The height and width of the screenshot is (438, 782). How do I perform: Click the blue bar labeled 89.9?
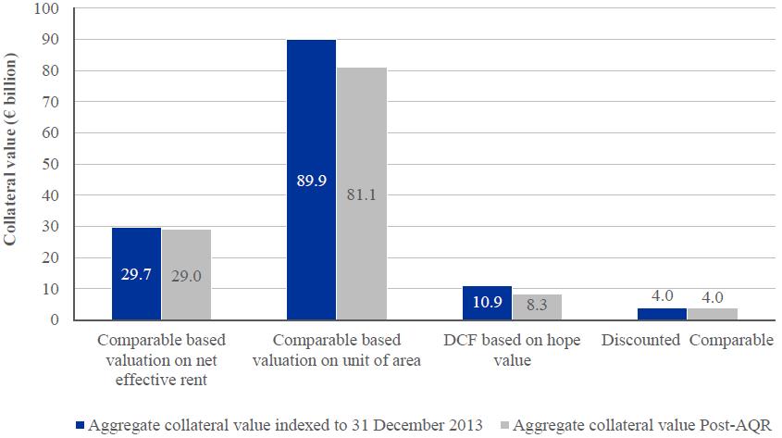311,180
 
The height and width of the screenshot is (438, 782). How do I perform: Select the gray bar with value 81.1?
361,194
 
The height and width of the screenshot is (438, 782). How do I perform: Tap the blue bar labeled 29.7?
136,273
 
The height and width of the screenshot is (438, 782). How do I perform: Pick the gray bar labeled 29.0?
186,275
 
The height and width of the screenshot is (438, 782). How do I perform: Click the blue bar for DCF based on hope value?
486,303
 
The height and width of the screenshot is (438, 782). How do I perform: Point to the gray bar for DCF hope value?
537,307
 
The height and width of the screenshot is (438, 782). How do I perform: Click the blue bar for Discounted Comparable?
661,314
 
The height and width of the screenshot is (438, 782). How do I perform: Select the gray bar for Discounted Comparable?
712,314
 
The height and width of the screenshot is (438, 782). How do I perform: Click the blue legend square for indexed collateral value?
81,426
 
